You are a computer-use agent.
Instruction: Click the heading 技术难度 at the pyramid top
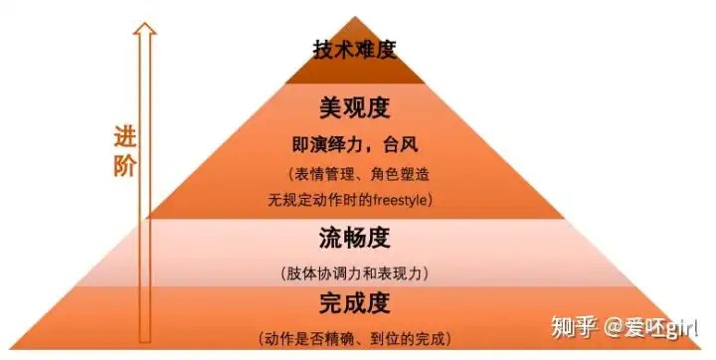tap(355, 50)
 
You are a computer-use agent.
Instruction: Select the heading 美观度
tap(355, 108)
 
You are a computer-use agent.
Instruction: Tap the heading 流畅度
tap(355, 239)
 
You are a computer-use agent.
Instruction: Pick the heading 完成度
tap(355, 303)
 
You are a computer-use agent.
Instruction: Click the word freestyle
tap(399, 200)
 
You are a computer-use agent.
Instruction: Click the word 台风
tap(401, 145)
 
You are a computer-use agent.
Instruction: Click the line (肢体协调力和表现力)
tap(355, 273)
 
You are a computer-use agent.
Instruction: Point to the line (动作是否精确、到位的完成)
tap(355, 339)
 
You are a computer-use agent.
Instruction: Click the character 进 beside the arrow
tap(124, 137)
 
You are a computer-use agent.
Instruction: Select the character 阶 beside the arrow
tap(124, 166)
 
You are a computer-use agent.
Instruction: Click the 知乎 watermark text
tap(575, 326)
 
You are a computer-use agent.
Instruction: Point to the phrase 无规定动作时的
tap(320, 200)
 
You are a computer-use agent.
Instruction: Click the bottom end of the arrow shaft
tap(145, 342)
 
